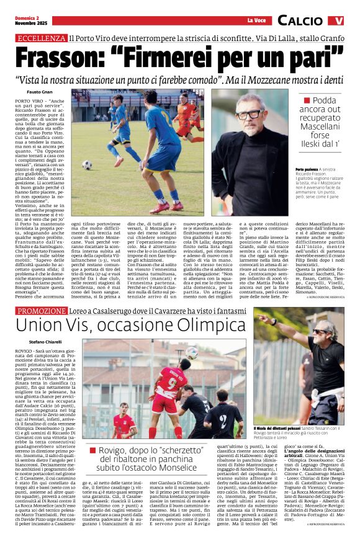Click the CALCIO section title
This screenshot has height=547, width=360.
(300, 21)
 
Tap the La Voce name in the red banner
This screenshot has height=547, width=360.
(256, 20)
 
